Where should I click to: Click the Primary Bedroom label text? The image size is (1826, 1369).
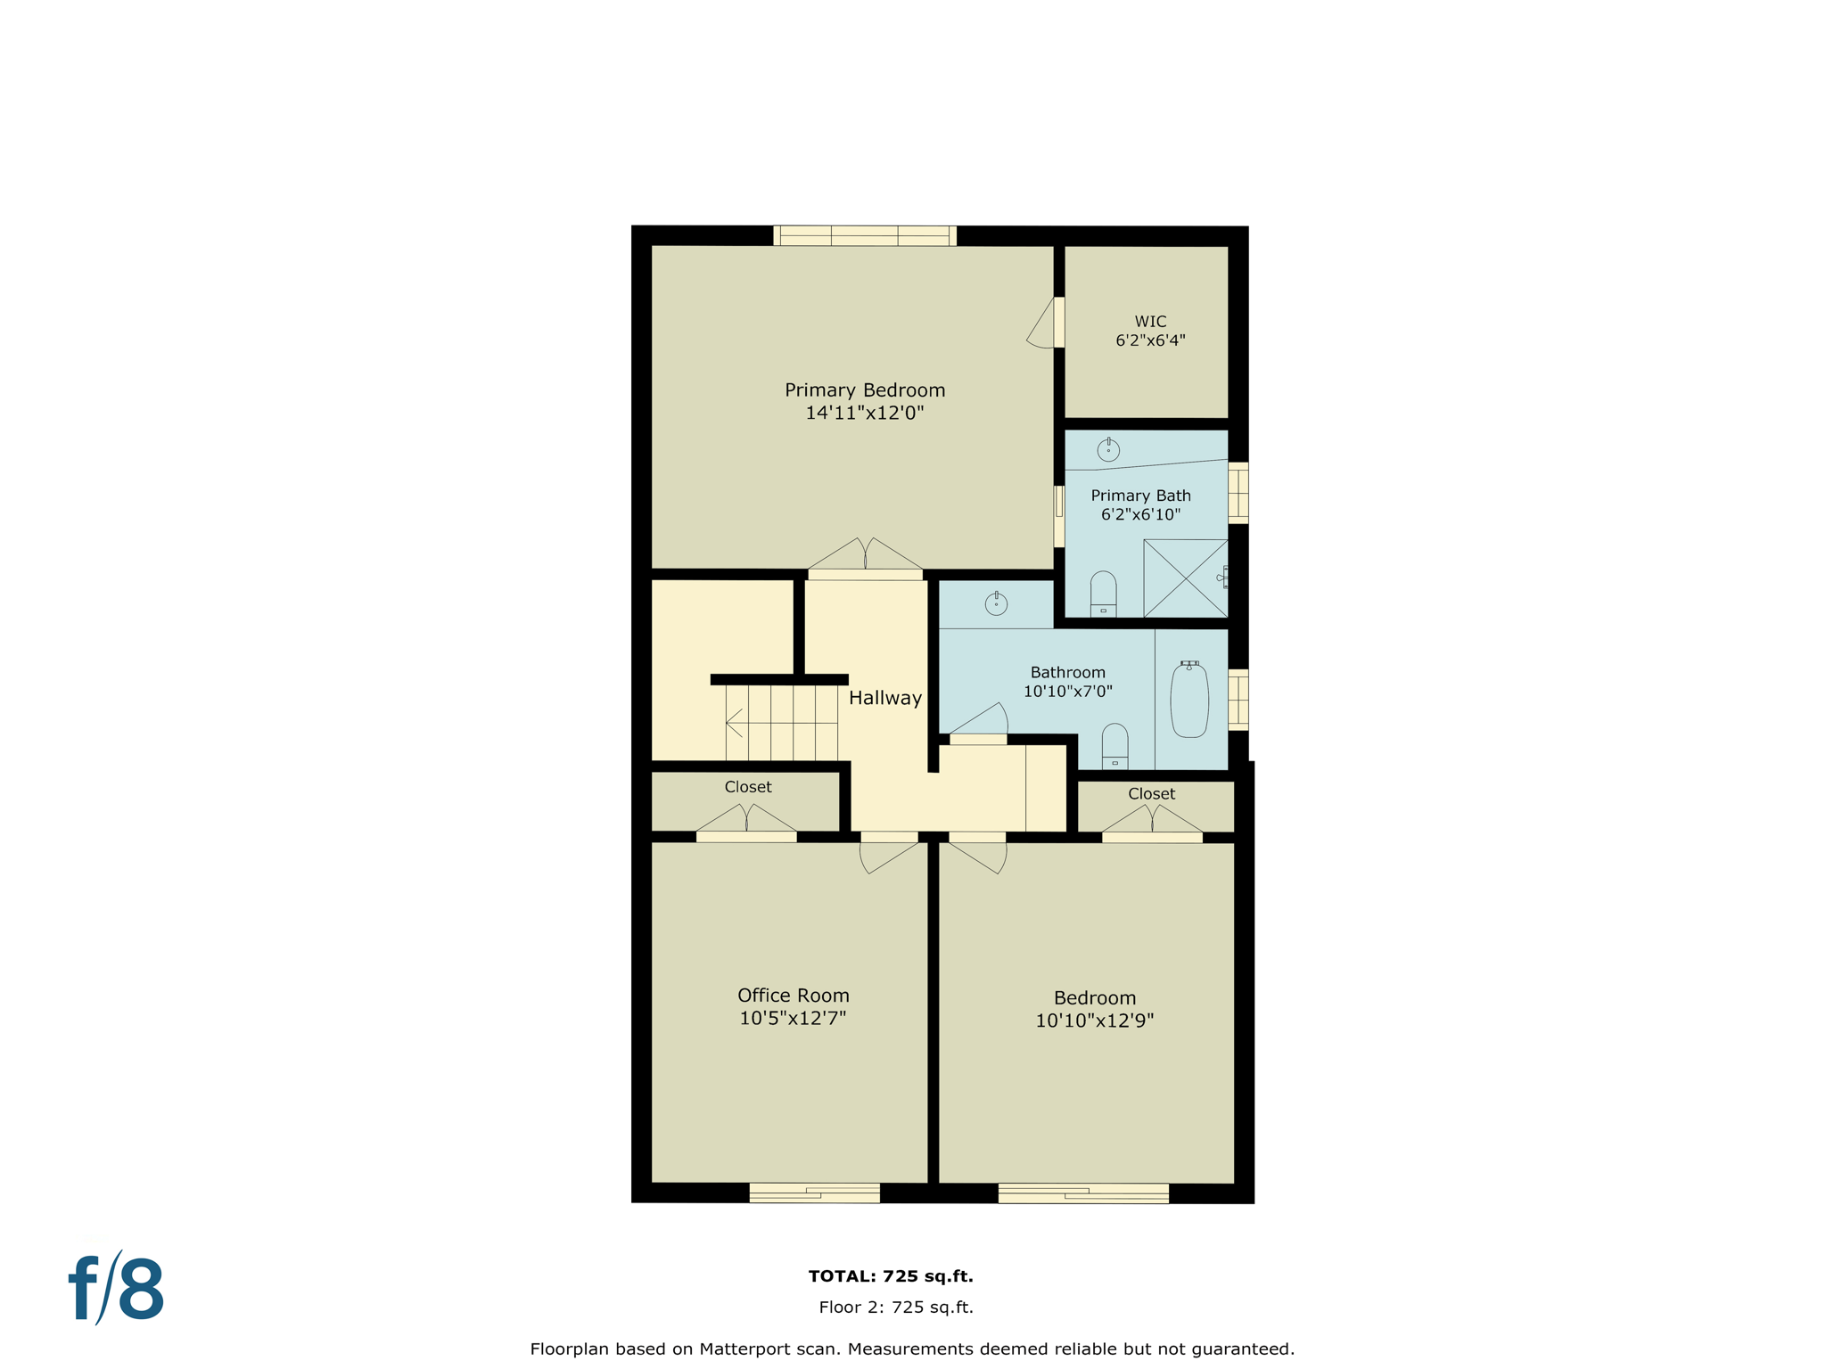(864, 390)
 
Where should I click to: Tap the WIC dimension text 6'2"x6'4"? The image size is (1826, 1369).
(1150, 340)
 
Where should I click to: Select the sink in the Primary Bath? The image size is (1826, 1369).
(1108, 450)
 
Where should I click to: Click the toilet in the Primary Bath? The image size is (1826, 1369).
(1103, 594)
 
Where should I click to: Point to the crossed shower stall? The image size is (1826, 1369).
(1185, 578)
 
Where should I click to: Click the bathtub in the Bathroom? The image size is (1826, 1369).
(1189, 701)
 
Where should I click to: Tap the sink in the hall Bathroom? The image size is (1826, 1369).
(996, 604)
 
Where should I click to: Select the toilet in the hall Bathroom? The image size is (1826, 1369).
(1115, 747)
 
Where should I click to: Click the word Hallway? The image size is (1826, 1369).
(884, 698)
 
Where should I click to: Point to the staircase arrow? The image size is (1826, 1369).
(735, 723)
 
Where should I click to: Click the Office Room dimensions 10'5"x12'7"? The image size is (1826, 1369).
(793, 1018)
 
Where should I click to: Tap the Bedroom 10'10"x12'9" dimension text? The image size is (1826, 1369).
(1094, 1021)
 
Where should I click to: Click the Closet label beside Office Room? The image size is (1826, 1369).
(747, 787)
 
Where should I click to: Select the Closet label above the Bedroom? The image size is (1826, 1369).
(1151, 793)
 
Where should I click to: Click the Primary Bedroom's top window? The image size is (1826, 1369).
(864, 236)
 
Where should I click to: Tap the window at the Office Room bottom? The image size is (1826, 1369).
(814, 1193)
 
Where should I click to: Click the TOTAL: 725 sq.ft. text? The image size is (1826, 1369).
(890, 1276)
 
